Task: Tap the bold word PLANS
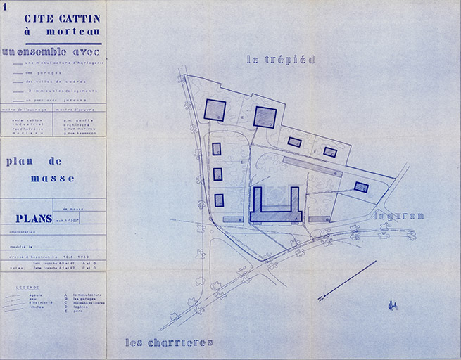(29, 219)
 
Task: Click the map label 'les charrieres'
(169, 342)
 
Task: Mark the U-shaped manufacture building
(276, 211)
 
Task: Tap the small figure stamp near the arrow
(392, 305)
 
